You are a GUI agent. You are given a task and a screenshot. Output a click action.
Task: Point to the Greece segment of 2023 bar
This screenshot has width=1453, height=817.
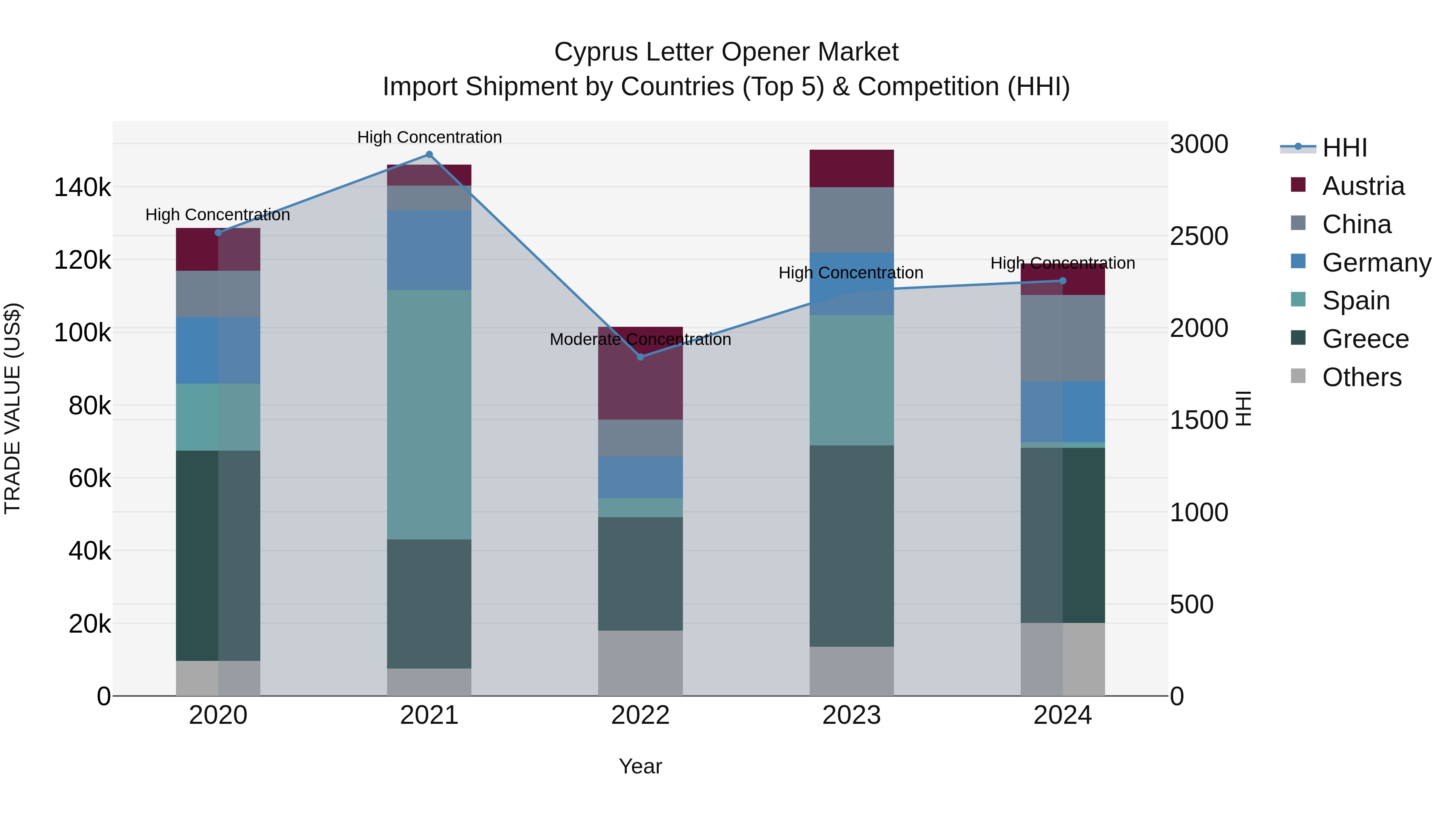click(x=851, y=546)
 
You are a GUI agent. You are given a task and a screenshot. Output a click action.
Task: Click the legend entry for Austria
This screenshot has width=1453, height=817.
click(x=1363, y=186)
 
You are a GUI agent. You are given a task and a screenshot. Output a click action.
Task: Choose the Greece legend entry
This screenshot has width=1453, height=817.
click(x=1365, y=339)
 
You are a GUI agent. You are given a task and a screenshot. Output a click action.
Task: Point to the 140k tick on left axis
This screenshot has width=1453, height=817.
click(x=82, y=187)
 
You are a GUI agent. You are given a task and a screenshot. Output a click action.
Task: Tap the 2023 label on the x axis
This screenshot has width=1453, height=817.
click(x=851, y=715)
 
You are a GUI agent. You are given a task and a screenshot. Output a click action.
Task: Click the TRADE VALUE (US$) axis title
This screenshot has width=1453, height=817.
click(x=13, y=408)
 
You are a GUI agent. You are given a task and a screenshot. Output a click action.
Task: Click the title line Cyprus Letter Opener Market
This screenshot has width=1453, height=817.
click(x=726, y=52)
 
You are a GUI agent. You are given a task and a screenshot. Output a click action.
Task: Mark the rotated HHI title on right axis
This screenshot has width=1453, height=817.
click(x=1243, y=408)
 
